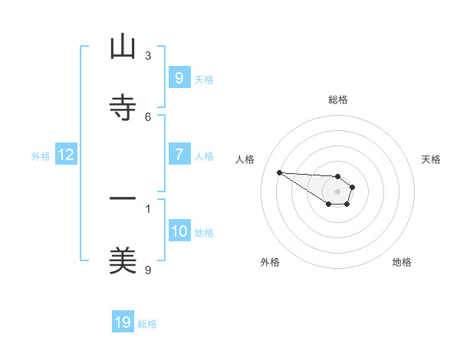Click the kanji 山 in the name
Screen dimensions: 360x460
tap(123, 47)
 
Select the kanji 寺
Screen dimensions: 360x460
tap(123, 108)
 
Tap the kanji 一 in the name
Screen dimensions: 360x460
tap(123, 199)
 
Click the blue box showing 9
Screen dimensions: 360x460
tap(179, 77)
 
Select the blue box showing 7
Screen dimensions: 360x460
tap(179, 155)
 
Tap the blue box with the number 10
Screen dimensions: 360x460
tap(179, 231)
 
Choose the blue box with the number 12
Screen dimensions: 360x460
tap(65, 155)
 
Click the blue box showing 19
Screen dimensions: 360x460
tap(123, 322)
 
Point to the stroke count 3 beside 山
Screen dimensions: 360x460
tap(148, 55)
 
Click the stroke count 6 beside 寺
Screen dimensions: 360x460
tap(148, 116)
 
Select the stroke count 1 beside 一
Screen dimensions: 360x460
tap(148, 208)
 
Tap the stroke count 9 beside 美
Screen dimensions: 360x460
tap(148, 270)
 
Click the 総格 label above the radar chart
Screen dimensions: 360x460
tap(338, 100)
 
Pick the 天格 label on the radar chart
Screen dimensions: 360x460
tap(431, 159)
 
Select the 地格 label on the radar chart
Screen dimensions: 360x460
tap(402, 262)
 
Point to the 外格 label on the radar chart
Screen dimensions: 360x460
tap(270, 262)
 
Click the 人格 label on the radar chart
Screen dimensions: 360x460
tap(245, 159)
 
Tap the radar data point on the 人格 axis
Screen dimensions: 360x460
tap(279, 172)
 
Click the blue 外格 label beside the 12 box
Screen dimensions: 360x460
tap(41, 155)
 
